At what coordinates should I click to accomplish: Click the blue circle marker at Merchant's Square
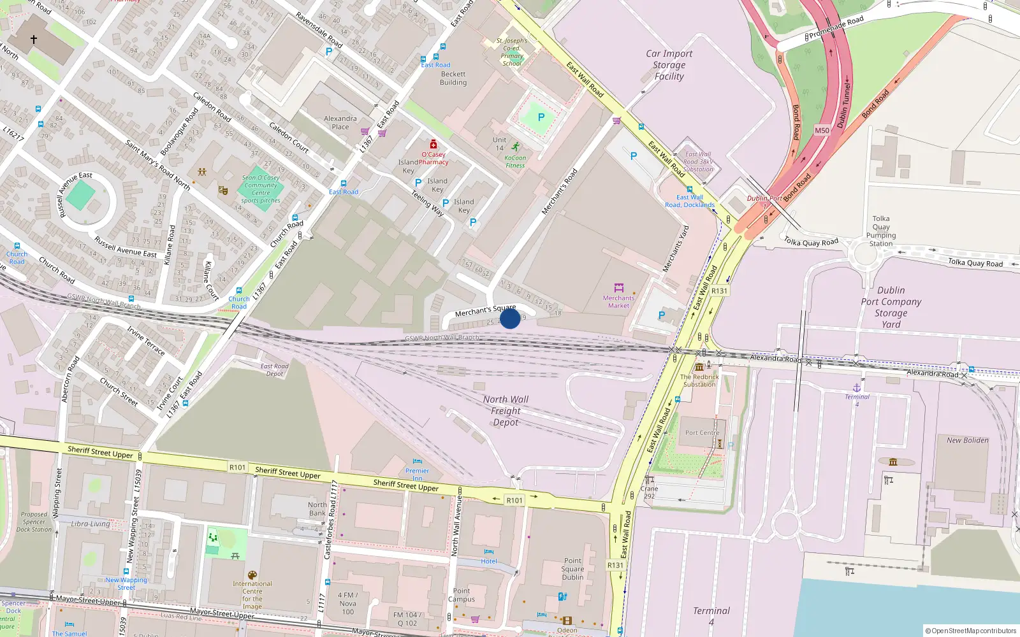pyautogui.click(x=510, y=318)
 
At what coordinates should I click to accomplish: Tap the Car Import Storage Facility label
pyautogui.click(x=669, y=65)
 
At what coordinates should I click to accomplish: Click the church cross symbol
pyautogui.click(x=34, y=39)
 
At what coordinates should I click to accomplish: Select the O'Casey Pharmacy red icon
pyautogui.click(x=433, y=144)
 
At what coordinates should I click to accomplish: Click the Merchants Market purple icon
pyautogui.click(x=618, y=288)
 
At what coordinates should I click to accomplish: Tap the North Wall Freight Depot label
pyautogui.click(x=506, y=411)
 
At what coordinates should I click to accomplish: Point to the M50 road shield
pyautogui.click(x=822, y=131)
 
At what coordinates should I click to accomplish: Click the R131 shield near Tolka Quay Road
pyautogui.click(x=719, y=291)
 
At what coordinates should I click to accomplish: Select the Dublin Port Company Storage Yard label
pyautogui.click(x=891, y=307)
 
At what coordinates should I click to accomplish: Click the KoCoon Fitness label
pyautogui.click(x=515, y=162)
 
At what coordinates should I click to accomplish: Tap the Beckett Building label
pyautogui.click(x=453, y=78)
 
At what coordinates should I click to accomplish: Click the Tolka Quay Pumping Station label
pyautogui.click(x=881, y=231)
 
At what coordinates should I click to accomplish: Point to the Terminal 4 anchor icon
pyautogui.click(x=857, y=387)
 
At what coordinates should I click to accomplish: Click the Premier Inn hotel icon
pyautogui.click(x=418, y=461)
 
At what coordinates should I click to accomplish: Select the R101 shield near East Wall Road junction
pyautogui.click(x=514, y=500)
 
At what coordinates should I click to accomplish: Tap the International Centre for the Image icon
pyautogui.click(x=252, y=575)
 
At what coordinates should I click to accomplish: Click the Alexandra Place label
pyautogui.click(x=340, y=122)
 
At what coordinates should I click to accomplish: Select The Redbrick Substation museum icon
pyautogui.click(x=699, y=367)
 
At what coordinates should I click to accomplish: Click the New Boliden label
pyautogui.click(x=967, y=440)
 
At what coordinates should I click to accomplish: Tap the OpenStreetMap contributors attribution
pyautogui.click(x=970, y=631)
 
